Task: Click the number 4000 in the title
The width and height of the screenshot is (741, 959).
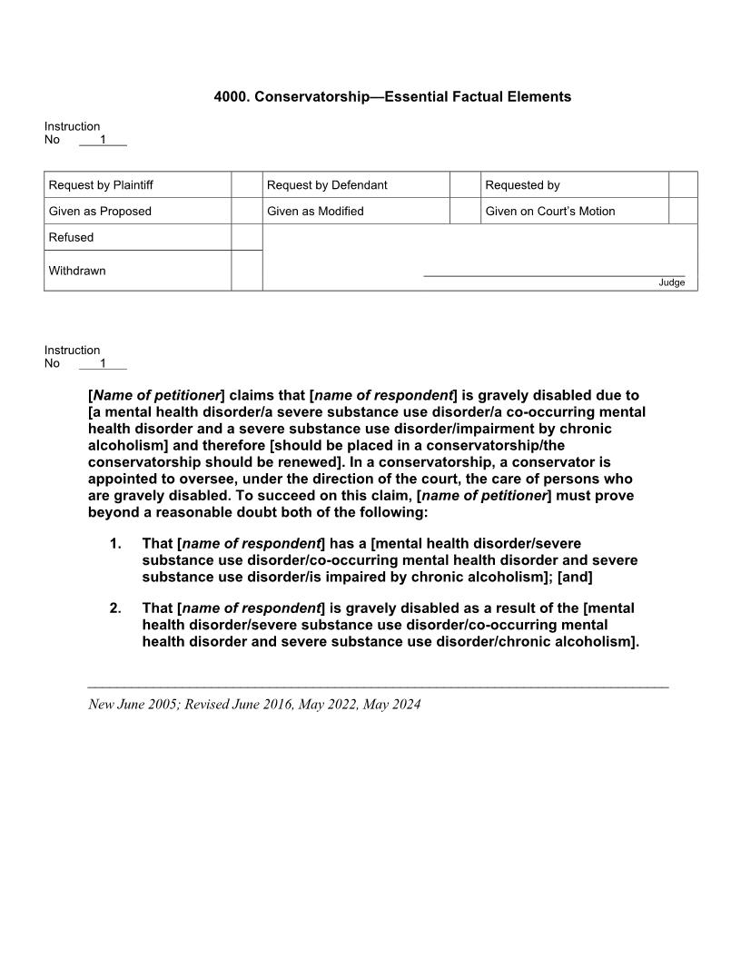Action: coord(230,96)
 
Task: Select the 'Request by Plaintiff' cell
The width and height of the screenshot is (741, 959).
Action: coord(101,185)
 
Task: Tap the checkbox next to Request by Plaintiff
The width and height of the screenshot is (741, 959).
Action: coord(246,185)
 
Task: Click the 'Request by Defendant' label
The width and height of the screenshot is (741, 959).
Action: coord(327,185)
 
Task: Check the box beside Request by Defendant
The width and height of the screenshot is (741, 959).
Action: coord(465,185)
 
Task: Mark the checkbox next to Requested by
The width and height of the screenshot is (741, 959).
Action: coord(683,185)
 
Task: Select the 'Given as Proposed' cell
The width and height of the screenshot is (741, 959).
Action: coord(100,212)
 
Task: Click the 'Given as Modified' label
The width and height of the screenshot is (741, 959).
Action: coord(315,212)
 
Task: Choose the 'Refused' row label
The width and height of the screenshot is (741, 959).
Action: coord(71,238)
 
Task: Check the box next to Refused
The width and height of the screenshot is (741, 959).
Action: coord(246,238)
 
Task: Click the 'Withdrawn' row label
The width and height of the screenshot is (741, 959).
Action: coord(77,271)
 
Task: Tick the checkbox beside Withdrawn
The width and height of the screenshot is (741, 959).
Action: coord(246,271)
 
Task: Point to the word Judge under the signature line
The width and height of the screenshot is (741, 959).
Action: coord(671,282)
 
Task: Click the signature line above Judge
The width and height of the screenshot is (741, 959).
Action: coord(554,275)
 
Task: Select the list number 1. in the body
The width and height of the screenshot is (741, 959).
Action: coord(115,544)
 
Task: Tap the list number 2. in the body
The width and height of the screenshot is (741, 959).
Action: coord(115,608)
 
